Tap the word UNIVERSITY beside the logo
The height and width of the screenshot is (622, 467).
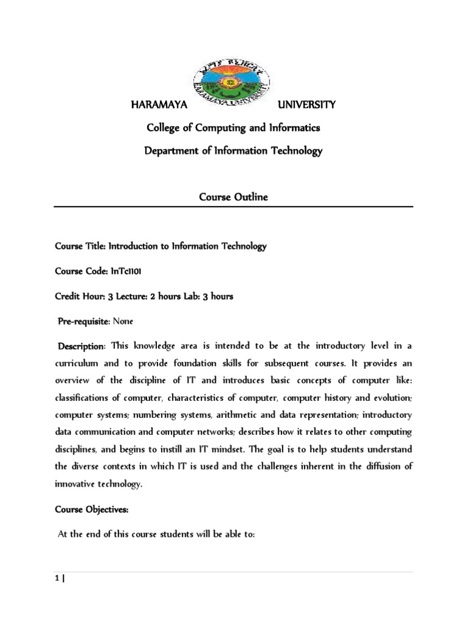click(x=306, y=105)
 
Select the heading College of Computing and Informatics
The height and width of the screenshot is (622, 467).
click(x=233, y=128)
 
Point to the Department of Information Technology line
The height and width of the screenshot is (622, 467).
click(x=233, y=151)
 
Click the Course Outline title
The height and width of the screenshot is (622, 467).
click(x=233, y=198)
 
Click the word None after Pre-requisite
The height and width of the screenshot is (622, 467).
click(x=123, y=321)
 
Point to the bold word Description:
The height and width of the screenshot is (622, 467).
click(x=81, y=346)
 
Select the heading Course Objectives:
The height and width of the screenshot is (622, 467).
click(x=89, y=508)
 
